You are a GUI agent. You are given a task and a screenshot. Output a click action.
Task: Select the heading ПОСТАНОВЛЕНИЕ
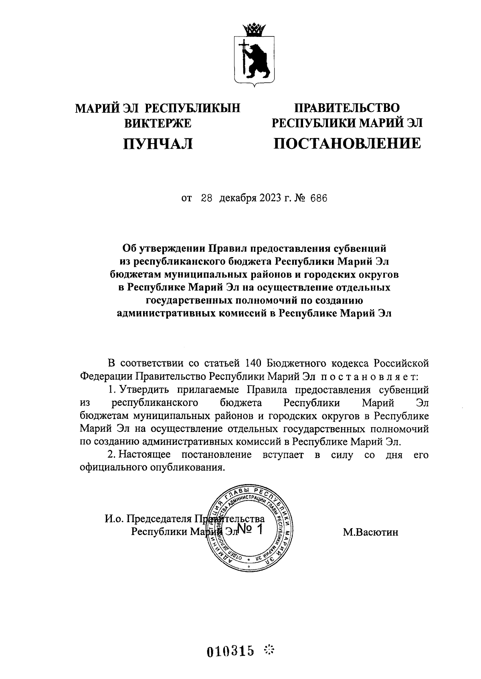coord(347,143)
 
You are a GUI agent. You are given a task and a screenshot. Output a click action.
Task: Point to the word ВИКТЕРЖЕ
coord(158,124)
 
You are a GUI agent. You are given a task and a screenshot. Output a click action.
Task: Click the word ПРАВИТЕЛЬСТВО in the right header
coord(347,107)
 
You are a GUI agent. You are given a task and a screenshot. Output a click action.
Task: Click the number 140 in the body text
coord(253,363)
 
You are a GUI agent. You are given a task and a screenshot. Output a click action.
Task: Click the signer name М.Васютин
coord(370,532)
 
